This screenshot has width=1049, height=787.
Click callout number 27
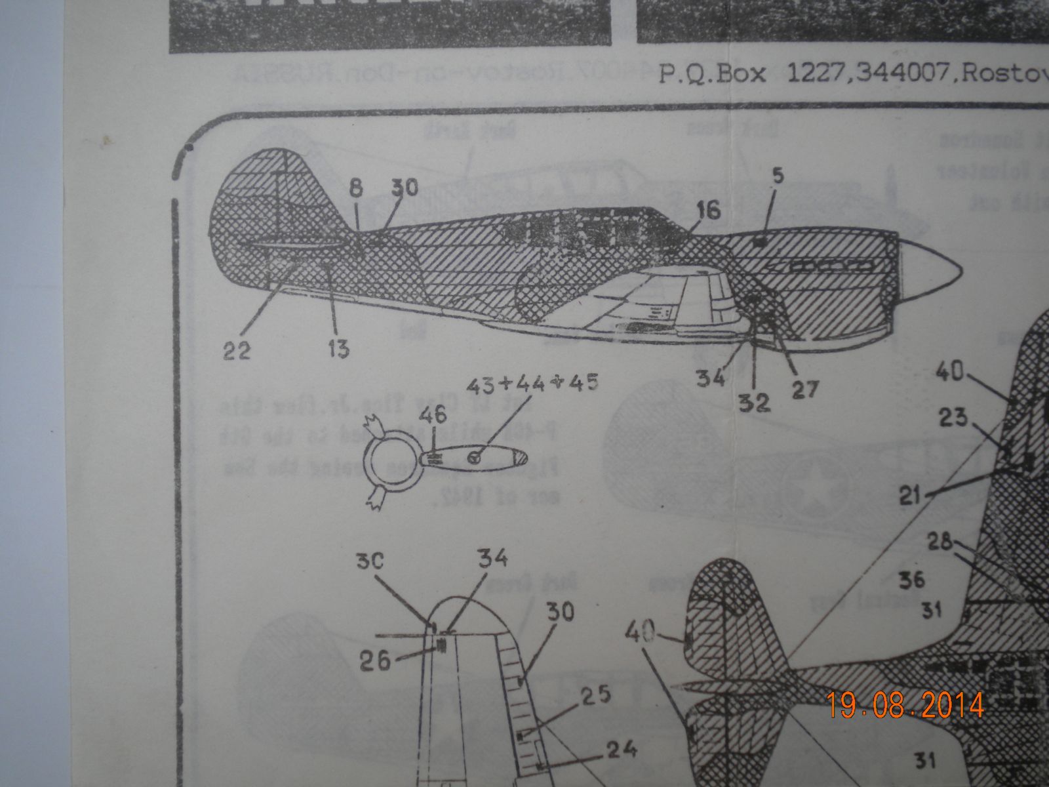804,390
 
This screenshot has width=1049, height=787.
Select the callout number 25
595,694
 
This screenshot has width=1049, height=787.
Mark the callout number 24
621,749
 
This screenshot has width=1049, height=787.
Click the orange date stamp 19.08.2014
905,705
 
